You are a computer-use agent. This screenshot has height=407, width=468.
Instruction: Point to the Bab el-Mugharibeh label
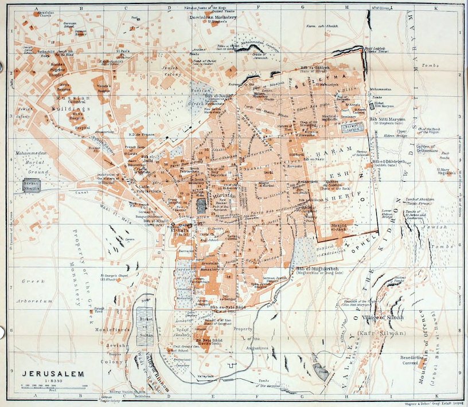pyautogui.click(x=319, y=268)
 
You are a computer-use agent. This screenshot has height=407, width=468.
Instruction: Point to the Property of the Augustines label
pyautogui.click(x=252, y=338)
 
